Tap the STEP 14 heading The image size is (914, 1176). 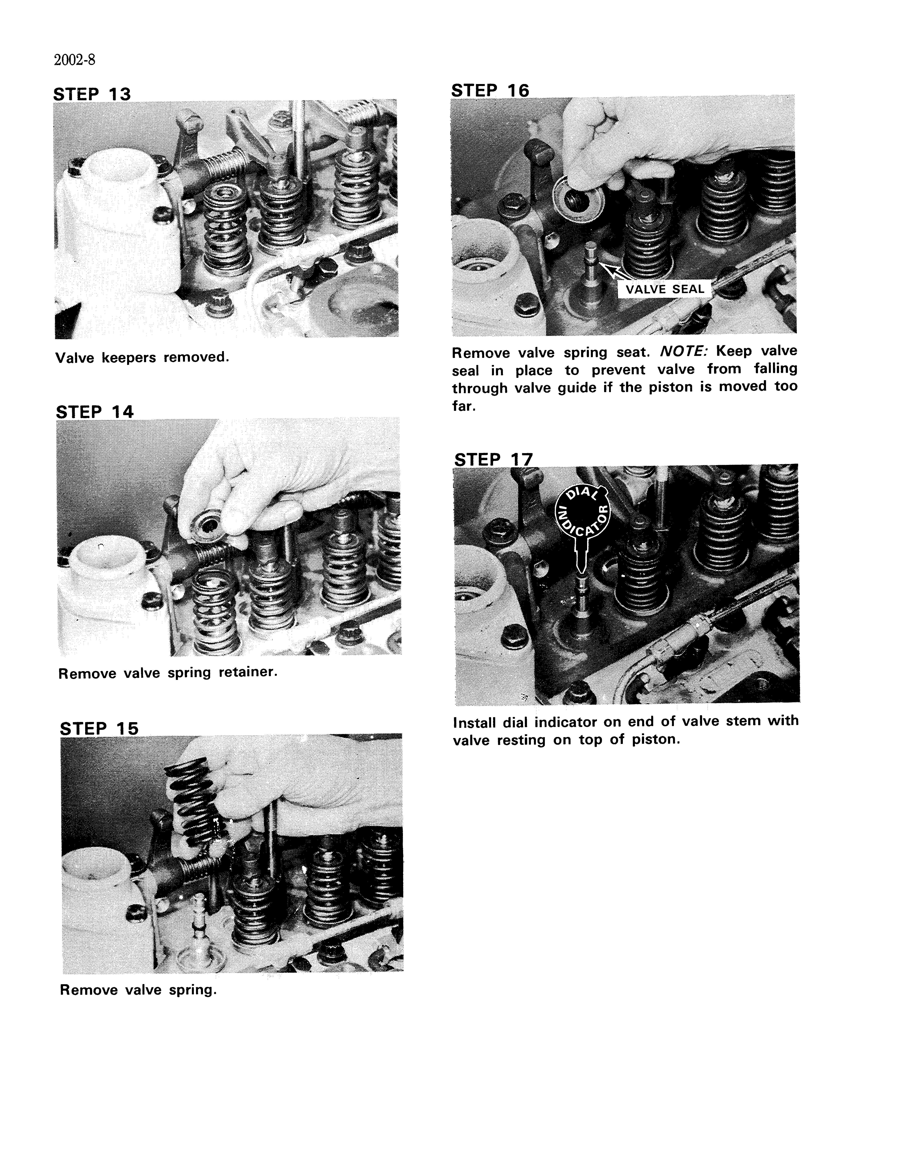(95, 412)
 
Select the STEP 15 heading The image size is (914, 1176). (99, 729)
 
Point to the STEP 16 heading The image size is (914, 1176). (490, 90)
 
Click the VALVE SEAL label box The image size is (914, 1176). (664, 289)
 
